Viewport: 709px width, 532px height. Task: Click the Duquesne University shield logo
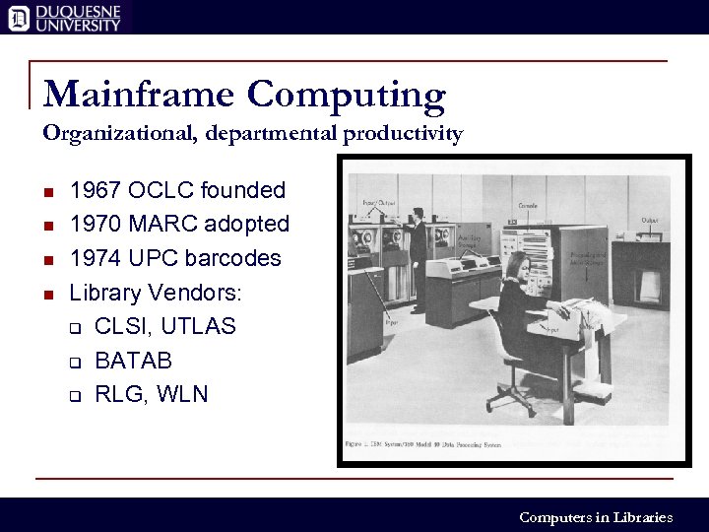pos(18,17)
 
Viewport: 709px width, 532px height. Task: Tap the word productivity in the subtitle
pos(403,133)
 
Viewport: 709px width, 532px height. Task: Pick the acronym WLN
pos(183,394)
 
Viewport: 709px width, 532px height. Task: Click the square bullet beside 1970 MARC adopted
pos(48,226)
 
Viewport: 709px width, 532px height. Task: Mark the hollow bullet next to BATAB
pos(74,362)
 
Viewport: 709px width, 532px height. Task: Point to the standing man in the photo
pos(418,256)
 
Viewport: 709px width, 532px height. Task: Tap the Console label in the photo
pos(527,205)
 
